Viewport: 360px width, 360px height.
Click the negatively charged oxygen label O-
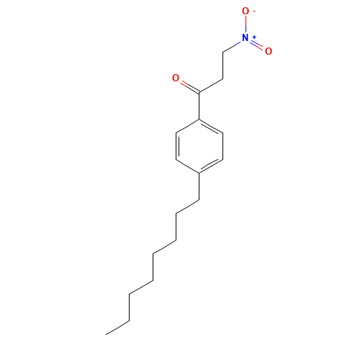coord(246,12)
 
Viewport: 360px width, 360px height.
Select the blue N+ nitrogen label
coord(247,38)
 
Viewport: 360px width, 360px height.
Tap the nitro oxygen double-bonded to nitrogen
coord(269,51)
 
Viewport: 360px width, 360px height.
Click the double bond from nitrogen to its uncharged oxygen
coord(258,45)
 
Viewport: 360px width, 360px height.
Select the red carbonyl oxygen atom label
coord(175,78)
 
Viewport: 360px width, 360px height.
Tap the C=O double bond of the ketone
coord(186,86)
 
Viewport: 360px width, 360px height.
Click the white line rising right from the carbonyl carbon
coord(210,86)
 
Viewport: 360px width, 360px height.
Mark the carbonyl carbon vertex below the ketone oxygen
coord(199,93)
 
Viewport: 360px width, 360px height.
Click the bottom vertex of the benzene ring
coord(199,174)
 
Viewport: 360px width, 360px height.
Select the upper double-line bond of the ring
coord(211,125)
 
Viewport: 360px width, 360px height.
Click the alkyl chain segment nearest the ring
coord(187,207)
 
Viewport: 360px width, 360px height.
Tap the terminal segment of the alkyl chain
coord(118,326)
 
